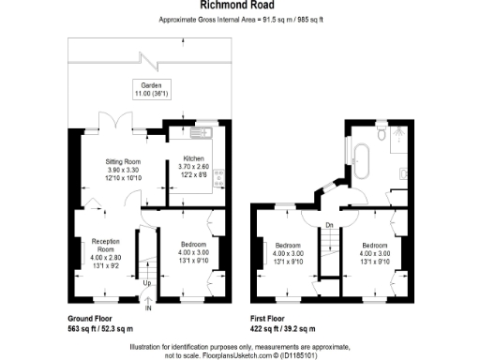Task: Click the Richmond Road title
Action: point(239,5)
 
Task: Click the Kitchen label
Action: point(193,159)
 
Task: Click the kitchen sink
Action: point(205,132)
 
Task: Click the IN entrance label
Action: point(148,306)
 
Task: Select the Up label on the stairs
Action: point(147,283)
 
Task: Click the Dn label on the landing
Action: point(330,226)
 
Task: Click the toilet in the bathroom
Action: point(382,136)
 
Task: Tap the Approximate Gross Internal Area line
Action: point(239,20)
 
